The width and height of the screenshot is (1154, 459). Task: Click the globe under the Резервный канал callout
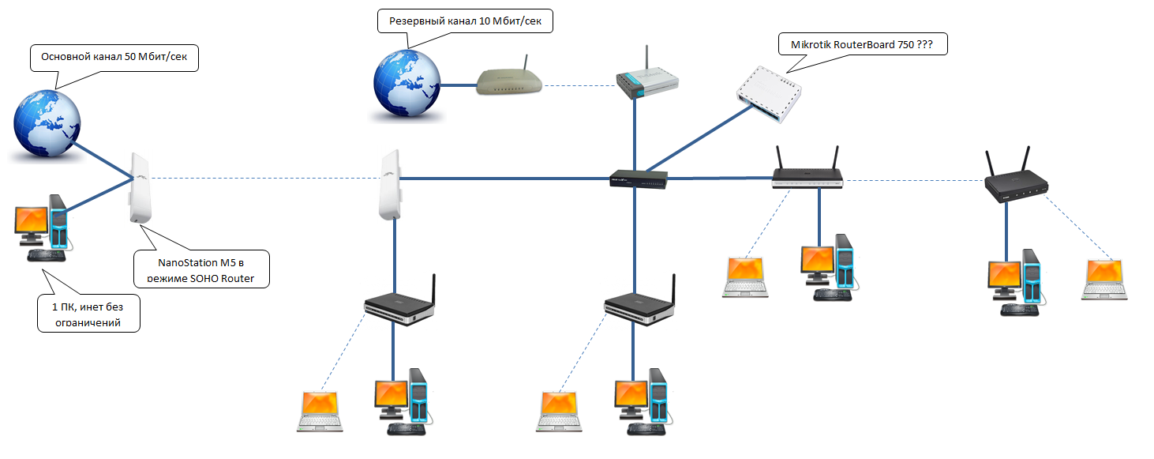[x=407, y=83]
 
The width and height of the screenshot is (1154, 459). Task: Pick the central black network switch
[x=639, y=180]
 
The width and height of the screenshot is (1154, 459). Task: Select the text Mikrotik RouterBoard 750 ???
[x=862, y=45]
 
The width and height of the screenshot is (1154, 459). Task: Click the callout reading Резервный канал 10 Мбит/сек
[x=465, y=21]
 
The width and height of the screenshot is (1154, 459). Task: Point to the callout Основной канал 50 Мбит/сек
[x=114, y=58]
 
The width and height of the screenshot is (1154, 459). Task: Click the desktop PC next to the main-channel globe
[x=44, y=228]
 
